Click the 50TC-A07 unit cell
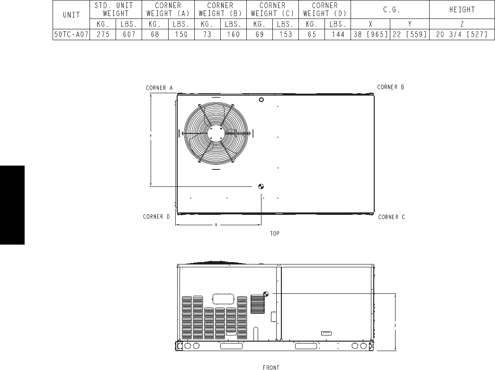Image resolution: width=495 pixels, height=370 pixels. [72, 35]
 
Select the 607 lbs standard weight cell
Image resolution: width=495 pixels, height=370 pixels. [129, 35]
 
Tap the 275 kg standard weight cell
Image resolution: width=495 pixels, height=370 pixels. [103, 35]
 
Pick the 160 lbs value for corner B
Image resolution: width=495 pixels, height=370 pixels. [234, 35]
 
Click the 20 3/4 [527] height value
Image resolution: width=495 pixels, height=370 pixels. [462, 35]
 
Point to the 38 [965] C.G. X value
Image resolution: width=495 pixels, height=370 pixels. [370, 35]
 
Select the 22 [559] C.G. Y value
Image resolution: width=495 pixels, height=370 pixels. [410, 35]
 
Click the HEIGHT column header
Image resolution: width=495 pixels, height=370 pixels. [462, 9]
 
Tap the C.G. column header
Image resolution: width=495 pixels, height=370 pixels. [391, 9]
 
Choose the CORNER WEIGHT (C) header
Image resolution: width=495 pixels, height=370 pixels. [272, 9]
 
